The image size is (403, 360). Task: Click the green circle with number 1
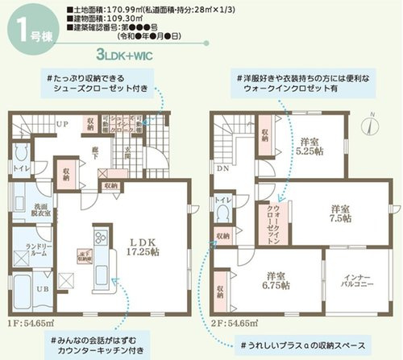(23, 30)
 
